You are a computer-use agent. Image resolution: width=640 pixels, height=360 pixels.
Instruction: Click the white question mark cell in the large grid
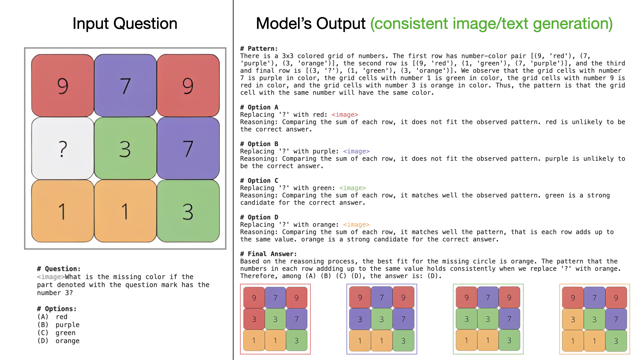[x=63, y=148]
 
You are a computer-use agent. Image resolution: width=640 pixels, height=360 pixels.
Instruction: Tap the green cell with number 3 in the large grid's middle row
[x=125, y=148]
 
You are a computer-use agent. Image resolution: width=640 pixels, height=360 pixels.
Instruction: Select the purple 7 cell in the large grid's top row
[x=125, y=86]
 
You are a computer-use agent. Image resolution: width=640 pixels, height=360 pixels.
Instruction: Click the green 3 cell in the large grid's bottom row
[x=188, y=211]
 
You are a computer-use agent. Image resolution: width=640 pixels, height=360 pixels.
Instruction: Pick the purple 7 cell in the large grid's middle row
[x=188, y=148]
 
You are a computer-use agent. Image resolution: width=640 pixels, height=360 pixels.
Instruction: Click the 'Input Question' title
[x=125, y=24]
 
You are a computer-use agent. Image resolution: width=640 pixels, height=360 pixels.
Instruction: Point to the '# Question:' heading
[x=59, y=269]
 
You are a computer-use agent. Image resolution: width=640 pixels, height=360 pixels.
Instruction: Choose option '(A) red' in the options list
[x=52, y=317]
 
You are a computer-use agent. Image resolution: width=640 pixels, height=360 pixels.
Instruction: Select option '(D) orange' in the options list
[x=58, y=341]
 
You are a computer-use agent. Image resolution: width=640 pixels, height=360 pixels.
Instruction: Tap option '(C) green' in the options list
[x=56, y=333]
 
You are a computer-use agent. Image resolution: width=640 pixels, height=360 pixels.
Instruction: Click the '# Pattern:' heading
[x=259, y=49]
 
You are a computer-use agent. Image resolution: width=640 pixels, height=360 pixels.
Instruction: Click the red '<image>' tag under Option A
[x=345, y=115]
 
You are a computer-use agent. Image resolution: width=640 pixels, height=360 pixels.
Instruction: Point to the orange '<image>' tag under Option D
[x=356, y=225]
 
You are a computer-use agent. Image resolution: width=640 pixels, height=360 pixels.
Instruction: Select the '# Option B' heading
[x=259, y=144]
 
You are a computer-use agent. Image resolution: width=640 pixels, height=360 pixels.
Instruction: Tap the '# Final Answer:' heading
[x=268, y=254]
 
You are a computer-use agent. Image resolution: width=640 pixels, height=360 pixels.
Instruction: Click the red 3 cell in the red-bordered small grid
[x=254, y=319]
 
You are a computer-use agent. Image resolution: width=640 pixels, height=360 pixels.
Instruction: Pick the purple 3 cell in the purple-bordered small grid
[x=360, y=319]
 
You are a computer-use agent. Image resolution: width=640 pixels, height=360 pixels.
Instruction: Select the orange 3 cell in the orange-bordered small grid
[x=573, y=319]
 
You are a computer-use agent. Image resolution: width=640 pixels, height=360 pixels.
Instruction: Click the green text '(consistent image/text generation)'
[x=491, y=24]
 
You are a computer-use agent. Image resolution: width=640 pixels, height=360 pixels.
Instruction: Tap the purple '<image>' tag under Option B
[x=356, y=151]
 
